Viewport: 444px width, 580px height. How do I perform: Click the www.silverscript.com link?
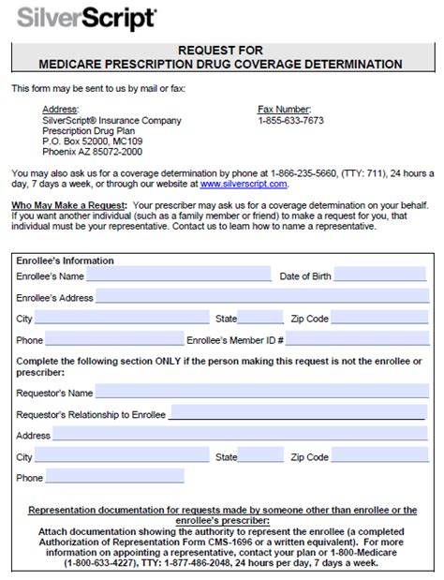243,184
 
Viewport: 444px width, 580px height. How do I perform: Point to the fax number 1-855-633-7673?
290,121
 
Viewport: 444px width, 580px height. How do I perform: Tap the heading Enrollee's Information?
65,260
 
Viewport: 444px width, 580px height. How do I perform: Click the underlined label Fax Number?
284,110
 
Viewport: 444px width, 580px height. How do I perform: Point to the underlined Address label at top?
60,110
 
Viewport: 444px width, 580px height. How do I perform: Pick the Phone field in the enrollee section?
113,340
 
